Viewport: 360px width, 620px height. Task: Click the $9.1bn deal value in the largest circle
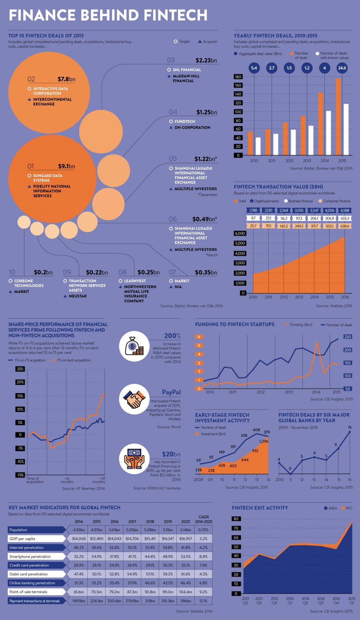pos(66,166)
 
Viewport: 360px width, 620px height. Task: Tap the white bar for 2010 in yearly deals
pos(258,146)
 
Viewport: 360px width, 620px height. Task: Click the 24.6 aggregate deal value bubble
pos(342,68)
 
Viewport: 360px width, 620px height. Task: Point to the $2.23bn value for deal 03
pos(206,60)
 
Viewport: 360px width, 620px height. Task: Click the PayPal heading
pos(171,392)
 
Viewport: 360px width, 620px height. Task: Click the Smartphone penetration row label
pos(30,556)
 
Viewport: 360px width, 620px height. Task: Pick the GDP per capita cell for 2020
pos(186,539)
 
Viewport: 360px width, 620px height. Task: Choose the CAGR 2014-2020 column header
pos(204,519)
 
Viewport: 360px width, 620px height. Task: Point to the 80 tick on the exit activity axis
pos(236,519)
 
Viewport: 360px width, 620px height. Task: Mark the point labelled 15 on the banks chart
pos(350,432)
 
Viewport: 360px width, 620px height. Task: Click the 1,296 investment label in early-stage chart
pos(264,441)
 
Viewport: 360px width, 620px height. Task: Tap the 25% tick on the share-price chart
pos(20,369)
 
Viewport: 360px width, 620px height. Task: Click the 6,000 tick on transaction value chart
pos(240,233)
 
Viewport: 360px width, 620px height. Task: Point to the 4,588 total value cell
pos(345,211)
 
